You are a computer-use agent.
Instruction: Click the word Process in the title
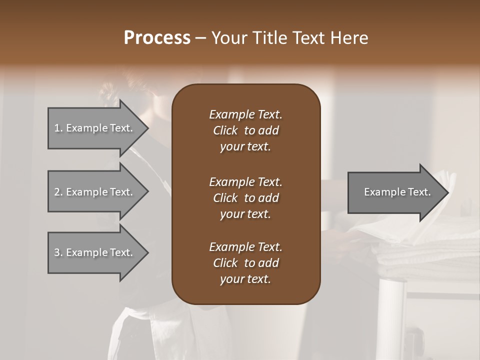click(x=157, y=37)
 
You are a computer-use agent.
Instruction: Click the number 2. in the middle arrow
click(x=58, y=192)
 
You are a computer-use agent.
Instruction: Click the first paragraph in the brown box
click(x=245, y=130)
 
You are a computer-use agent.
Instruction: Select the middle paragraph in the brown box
click(x=245, y=197)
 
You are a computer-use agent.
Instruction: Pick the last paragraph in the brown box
click(x=245, y=263)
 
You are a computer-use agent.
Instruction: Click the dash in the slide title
click(x=201, y=37)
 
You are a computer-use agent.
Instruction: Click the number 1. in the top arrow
click(x=58, y=128)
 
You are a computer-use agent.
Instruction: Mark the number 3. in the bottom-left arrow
click(x=58, y=252)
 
